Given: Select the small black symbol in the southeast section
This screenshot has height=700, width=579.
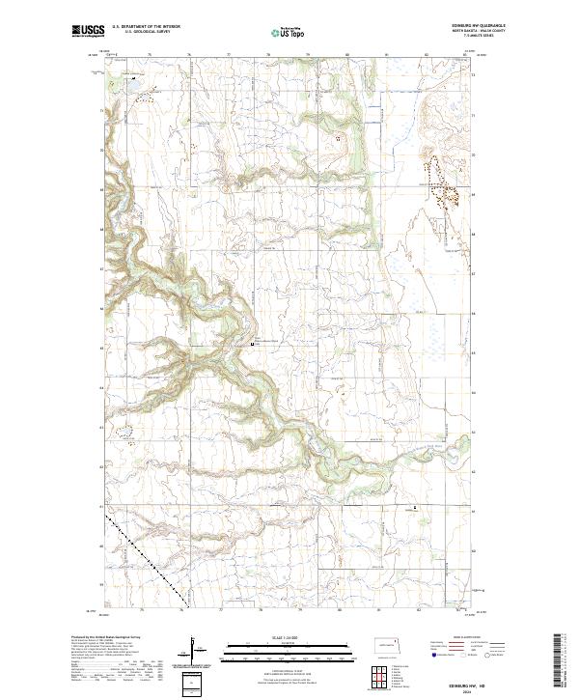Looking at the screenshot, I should pyautogui.click(x=416, y=507).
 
